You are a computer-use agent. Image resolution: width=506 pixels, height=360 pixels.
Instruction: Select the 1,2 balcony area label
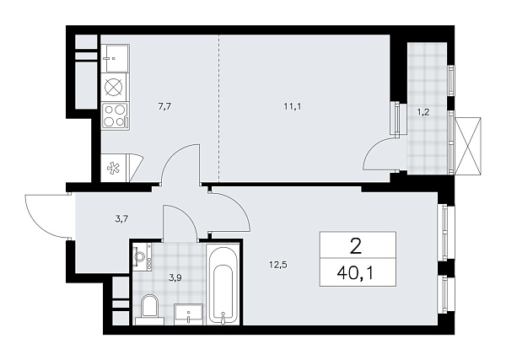pos(428,111)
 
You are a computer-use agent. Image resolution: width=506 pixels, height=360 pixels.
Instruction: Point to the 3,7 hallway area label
pos(121,219)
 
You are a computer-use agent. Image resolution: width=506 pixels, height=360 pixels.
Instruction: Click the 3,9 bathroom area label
pos(174,276)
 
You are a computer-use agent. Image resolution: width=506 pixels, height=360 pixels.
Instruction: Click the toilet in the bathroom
pos(151,309)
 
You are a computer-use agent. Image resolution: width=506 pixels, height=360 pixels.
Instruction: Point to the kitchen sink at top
pos(115,57)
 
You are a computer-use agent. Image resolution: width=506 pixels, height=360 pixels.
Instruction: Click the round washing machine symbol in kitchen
pos(115,86)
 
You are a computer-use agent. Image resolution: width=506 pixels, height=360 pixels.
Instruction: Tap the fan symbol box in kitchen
pos(113,167)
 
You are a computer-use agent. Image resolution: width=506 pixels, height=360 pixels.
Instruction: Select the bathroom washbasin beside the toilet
pos(189,314)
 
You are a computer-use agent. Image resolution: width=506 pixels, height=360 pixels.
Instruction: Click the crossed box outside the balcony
pos(469,142)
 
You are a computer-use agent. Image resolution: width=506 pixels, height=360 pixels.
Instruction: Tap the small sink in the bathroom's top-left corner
pos(141,257)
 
